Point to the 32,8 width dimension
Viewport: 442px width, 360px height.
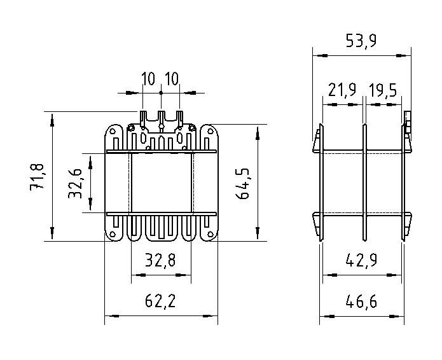pos(160,260)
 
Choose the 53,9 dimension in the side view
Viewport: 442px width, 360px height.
pos(361,41)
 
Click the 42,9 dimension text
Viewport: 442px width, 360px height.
pos(361,260)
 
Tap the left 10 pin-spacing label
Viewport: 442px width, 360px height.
pos(148,79)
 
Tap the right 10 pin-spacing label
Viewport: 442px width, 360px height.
pos(172,79)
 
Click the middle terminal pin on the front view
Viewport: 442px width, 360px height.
pos(161,118)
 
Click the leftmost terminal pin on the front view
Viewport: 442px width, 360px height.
pos(142,118)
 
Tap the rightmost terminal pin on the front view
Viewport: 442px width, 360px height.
pos(179,118)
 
